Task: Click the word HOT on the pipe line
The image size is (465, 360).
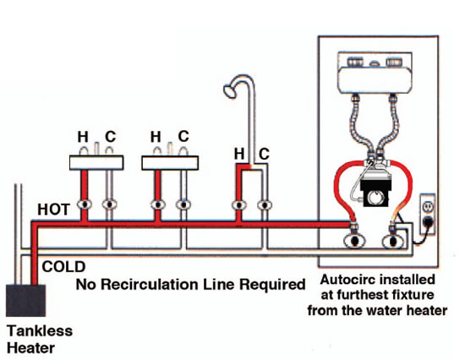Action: (x=54, y=208)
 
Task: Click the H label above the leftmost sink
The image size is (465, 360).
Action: (x=84, y=137)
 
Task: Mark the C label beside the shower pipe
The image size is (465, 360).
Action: (x=264, y=154)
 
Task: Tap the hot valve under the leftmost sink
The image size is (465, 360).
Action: (x=84, y=205)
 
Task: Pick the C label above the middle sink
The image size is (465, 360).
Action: (x=183, y=137)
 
